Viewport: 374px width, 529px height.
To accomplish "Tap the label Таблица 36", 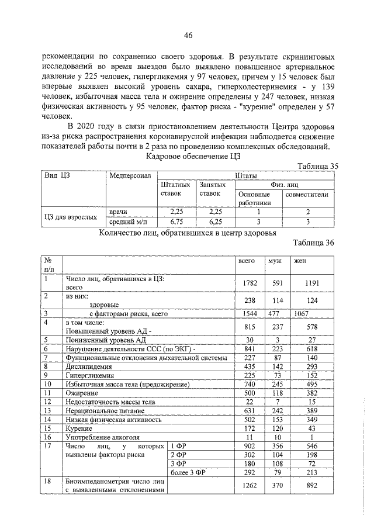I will tap(314, 244).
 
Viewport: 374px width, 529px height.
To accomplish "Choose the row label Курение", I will tap(81, 428).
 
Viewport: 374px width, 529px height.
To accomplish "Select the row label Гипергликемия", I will tap(90, 375).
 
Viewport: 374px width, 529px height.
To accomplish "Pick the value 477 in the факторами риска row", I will tap(274, 313).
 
